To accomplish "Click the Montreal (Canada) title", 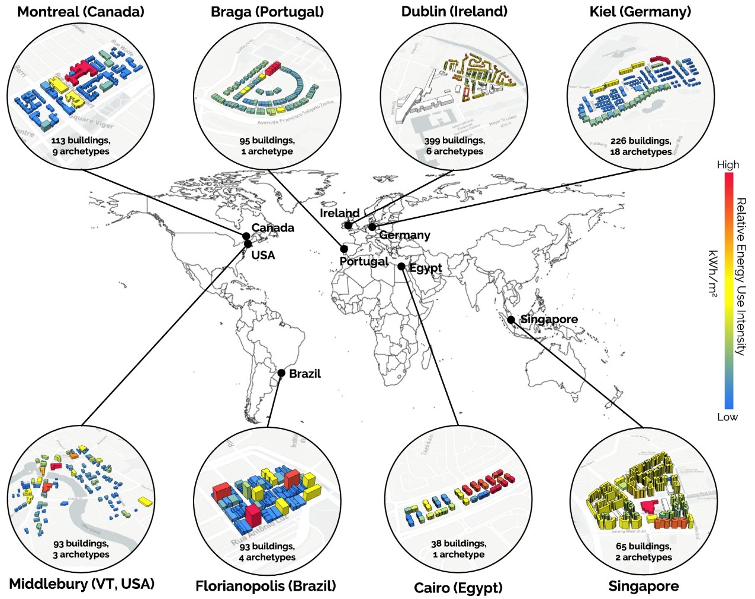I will click(x=81, y=12).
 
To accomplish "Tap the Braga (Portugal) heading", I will click(x=267, y=12).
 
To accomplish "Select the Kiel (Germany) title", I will click(x=640, y=12).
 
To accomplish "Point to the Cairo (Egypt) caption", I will click(x=458, y=588).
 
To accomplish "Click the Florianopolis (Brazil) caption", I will click(x=266, y=586).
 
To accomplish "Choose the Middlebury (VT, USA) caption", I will click(x=82, y=584).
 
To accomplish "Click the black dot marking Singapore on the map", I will click(x=511, y=320).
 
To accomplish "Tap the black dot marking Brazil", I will click(x=282, y=373).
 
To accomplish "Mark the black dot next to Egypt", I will click(x=401, y=267).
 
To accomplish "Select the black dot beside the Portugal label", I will click(x=344, y=249).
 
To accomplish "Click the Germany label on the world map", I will click(x=404, y=235).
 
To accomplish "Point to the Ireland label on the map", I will click(x=339, y=213).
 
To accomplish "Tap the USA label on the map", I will click(x=263, y=255).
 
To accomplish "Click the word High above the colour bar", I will click(x=728, y=165).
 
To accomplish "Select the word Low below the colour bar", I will click(x=727, y=417).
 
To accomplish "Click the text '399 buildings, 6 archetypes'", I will click(x=455, y=146).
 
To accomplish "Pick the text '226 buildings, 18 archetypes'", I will click(x=641, y=146).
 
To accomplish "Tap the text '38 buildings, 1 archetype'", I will click(x=458, y=549).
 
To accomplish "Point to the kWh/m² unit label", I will click(x=713, y=272).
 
